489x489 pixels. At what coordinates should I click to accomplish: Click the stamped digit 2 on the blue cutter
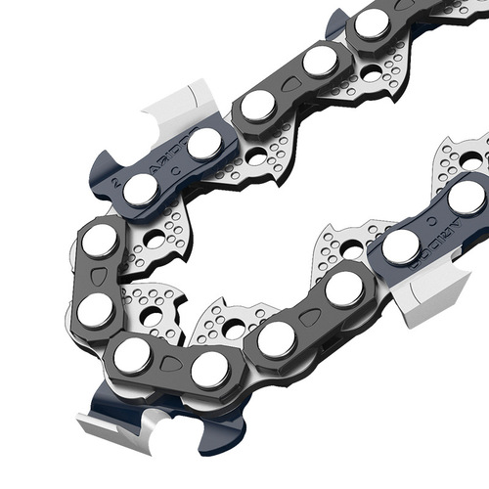(x=118, y=178)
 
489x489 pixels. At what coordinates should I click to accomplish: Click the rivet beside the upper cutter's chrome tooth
(x=204, y=144)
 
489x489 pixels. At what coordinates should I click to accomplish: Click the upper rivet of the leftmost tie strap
(x=99, y=240)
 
